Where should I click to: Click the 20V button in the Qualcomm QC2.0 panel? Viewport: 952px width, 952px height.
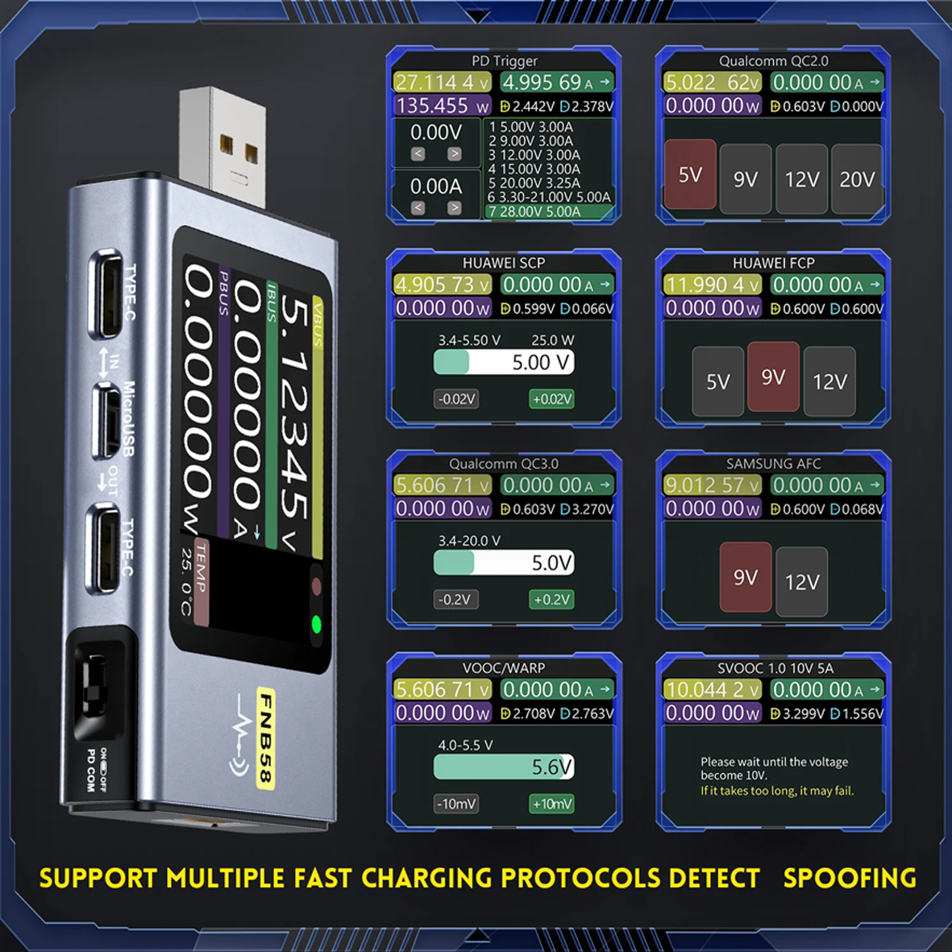tap(857, 179)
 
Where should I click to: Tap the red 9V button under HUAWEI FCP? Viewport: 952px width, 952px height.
tap(773, 376)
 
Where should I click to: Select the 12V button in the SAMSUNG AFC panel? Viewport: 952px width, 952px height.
tap(801, 581)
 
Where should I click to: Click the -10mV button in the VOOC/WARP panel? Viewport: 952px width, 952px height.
tap(456, 804)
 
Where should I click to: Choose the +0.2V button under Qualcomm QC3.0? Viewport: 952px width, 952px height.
tap(551, 600)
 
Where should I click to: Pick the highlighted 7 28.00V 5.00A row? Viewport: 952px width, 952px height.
tap(548, 212)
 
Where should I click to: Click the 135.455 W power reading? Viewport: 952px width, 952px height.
tap(442, 106)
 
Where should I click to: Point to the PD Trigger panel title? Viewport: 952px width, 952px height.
tap(504, 61)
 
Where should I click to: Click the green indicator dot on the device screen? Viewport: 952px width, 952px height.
tap(316, 624)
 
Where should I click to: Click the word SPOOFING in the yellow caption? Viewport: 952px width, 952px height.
tap(850, 878)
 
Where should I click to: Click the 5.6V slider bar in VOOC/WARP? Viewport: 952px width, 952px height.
tap(504, 767)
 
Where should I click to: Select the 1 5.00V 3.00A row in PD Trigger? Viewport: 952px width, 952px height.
tap(532, 127)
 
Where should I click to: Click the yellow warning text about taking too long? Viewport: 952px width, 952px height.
tap(776, 791)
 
